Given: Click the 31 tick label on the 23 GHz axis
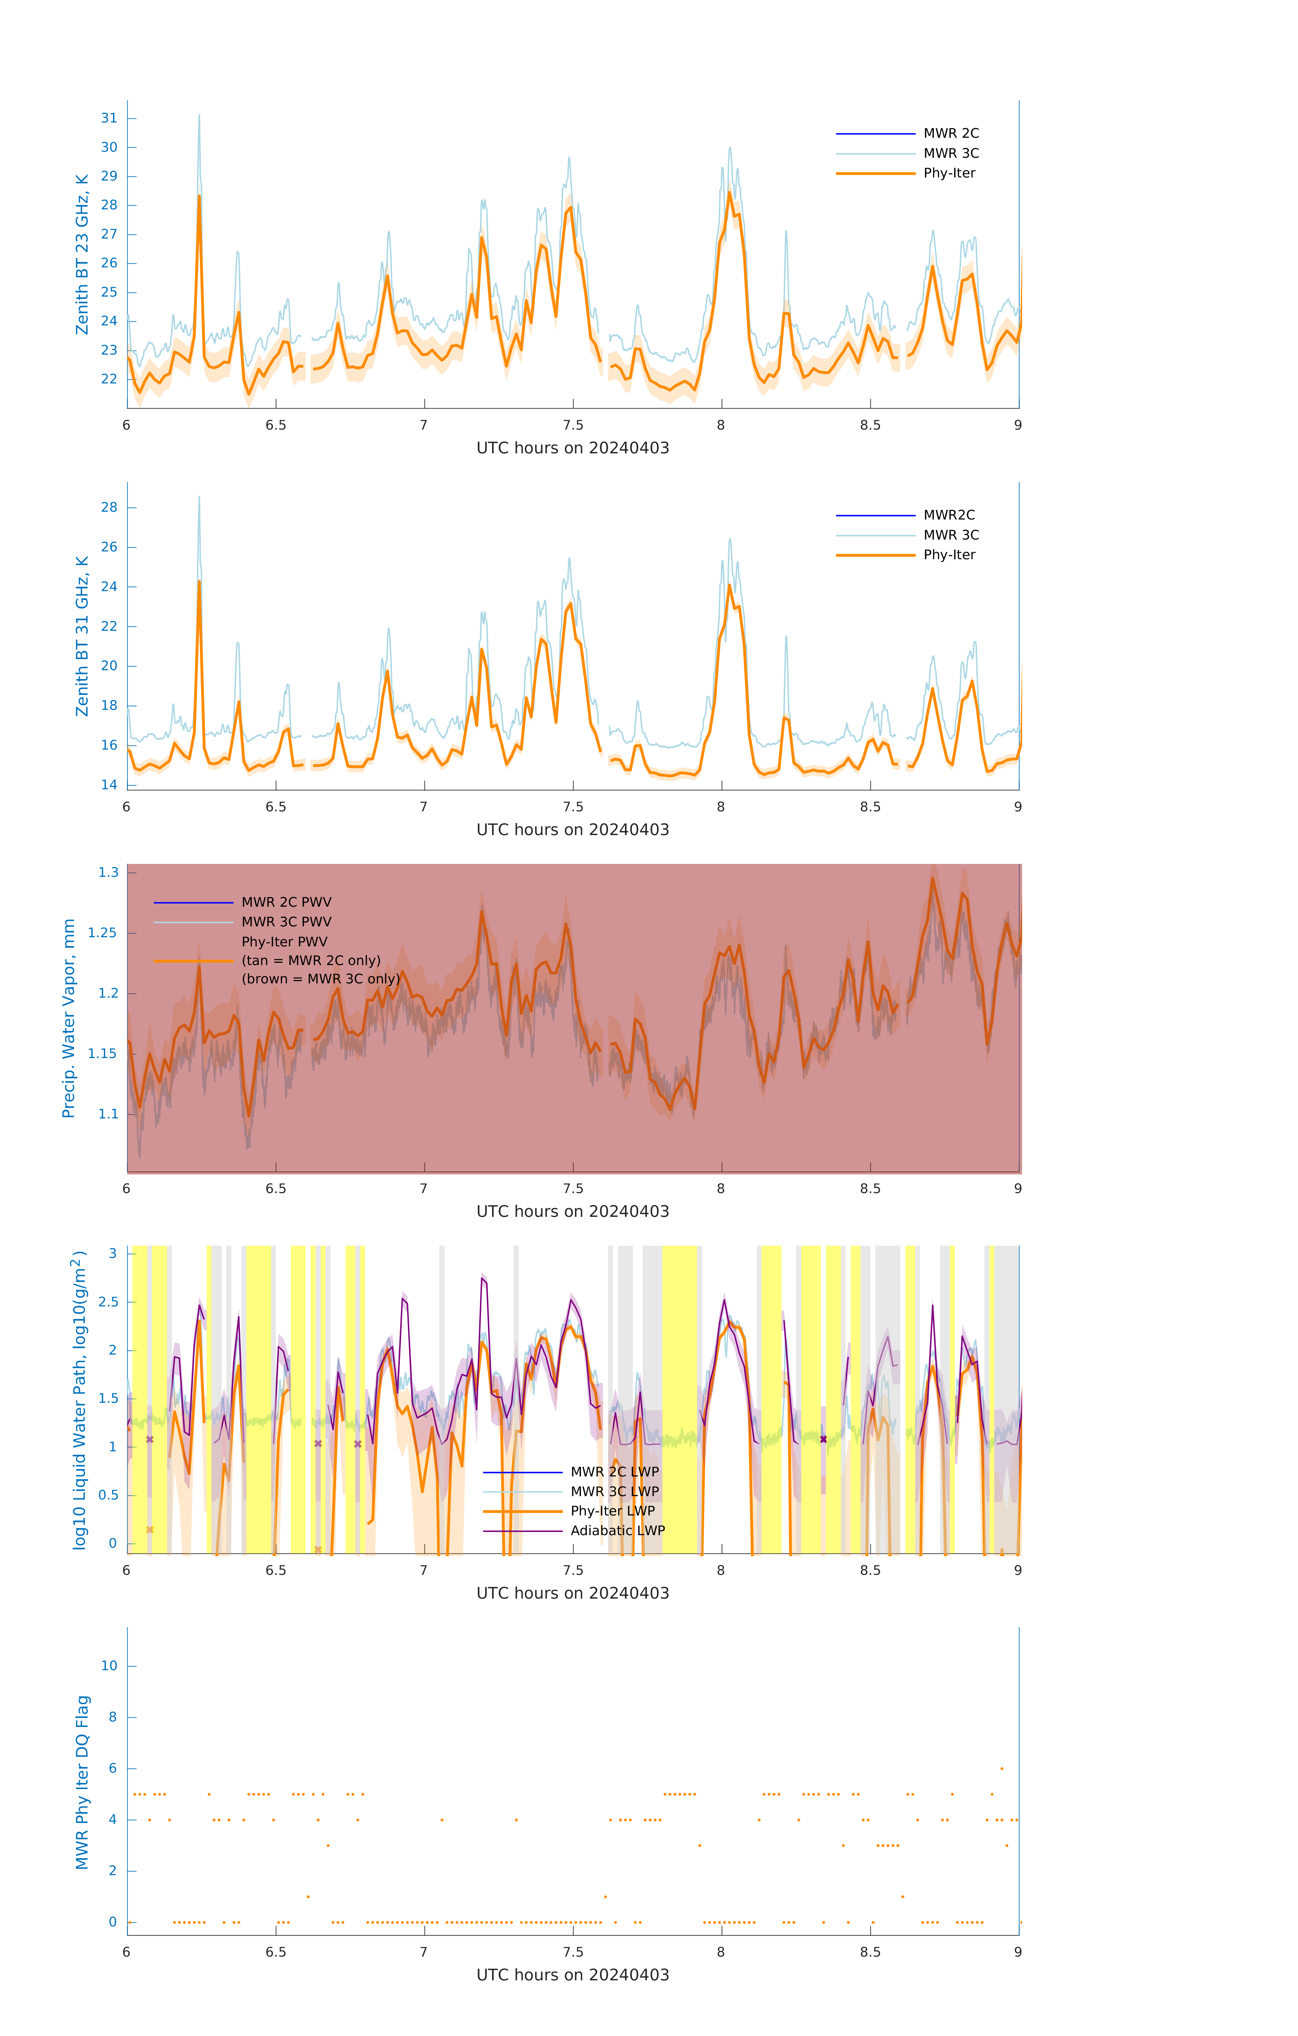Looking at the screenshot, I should coord(109,118).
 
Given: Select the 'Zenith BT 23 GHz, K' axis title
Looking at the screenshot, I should coord(82,254).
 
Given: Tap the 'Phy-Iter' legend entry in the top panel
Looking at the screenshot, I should coord(949,173).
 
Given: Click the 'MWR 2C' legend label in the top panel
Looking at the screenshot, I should coord(951,134).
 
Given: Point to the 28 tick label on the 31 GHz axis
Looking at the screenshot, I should coord(109,507).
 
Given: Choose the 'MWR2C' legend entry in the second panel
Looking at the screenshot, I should coord(949,515).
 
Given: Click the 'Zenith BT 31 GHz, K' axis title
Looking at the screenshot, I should coord(82,636).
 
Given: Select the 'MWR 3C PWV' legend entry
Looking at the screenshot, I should coord(286,922).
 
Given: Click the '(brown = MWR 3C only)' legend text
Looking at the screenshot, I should coord(320,979).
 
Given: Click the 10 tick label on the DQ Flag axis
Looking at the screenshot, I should coord(109,1666).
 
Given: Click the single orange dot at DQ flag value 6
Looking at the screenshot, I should coord(1002,1768).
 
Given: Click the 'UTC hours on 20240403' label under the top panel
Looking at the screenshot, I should coord(572,448).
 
